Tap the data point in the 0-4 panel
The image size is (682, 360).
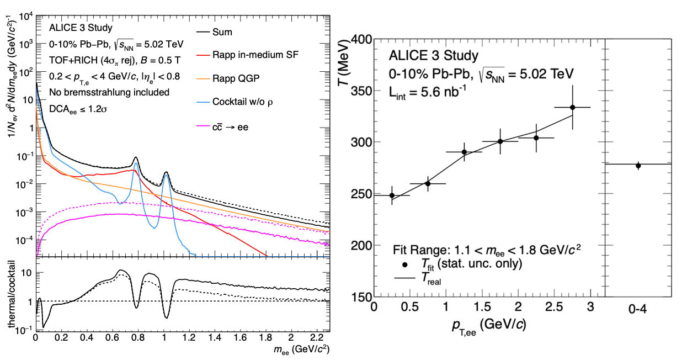638,166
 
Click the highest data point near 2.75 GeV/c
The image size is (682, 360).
573,107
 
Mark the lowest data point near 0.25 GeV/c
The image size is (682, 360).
392,195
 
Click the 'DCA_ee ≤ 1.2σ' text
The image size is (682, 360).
78,108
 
